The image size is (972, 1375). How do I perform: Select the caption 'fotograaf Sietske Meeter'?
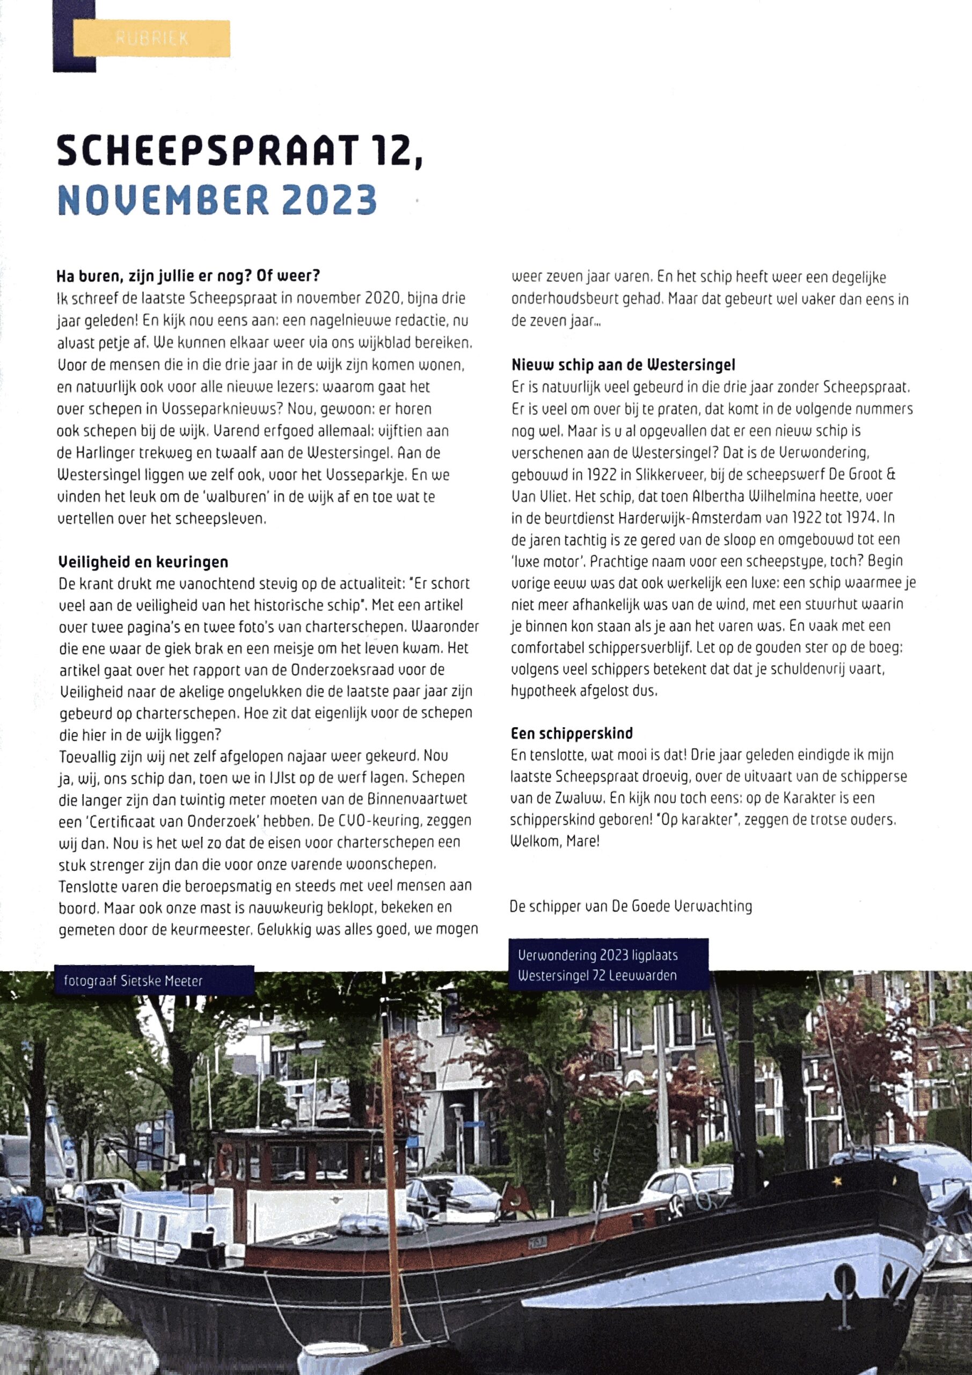click(x=133, y=981)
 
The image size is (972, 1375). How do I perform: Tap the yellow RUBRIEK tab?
click(x=151, y=38)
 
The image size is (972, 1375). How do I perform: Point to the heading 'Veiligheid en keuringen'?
click(x=143, y=562)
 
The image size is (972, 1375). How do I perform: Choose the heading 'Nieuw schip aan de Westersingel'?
click(x=623, y=365)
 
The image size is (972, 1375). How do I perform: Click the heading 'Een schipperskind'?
click(x=572, y=733)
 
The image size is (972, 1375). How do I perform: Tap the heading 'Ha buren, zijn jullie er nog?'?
click(x=188, y=276)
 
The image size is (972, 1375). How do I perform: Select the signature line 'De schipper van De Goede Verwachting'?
click(x=631, y=906)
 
